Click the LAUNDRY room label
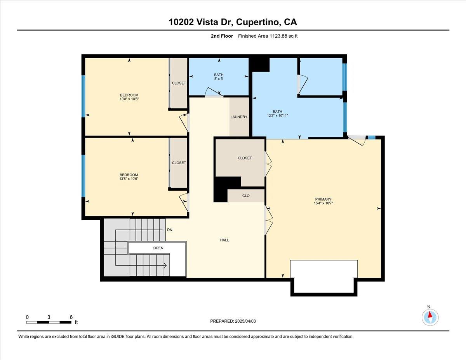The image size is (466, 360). (x=239, y=117)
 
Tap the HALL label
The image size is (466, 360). (x=224, y=240)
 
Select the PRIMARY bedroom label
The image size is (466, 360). (x=323, y=199)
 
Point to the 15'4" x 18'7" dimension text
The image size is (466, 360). (x=323, y=203)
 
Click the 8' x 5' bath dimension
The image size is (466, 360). (x=219, y=79)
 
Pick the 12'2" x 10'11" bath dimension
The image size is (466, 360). (x=277, y=116)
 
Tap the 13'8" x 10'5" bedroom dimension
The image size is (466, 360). (x=129, y=99)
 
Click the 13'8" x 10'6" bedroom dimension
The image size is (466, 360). (x=129, y=179)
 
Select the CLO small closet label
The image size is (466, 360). (x=246, y=196)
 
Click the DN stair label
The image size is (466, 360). (x=170, y=230)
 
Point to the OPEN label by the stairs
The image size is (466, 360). (x=158, y=248)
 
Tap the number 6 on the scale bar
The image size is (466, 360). (x=71, y=317)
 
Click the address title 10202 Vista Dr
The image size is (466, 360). (x=201, y=22)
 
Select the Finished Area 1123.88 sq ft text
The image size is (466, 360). (x=268, y=36)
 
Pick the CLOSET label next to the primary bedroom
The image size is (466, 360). (x=245, y=158)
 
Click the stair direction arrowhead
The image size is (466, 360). (x=165, y=266)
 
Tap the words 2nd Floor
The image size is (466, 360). (x=222, y=36)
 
